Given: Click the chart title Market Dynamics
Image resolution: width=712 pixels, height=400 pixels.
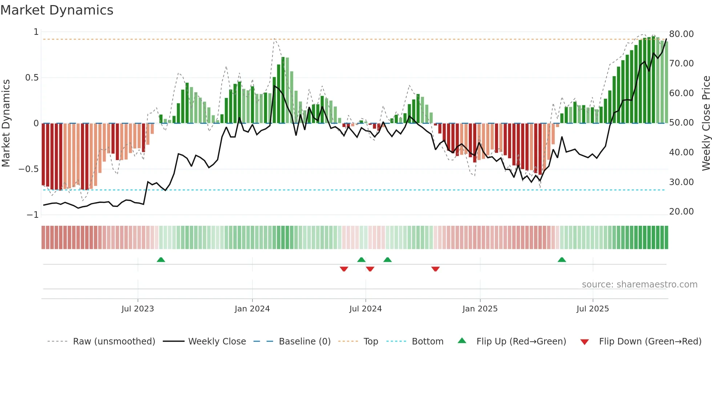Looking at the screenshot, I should point(57,10).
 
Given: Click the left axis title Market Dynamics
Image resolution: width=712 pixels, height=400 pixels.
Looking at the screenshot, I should point(6,123).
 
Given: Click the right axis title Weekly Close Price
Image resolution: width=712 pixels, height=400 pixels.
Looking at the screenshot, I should point(706,123).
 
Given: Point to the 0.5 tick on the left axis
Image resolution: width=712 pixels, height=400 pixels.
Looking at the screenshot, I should point(32,78).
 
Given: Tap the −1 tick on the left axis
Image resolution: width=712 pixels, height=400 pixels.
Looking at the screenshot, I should point(32,215).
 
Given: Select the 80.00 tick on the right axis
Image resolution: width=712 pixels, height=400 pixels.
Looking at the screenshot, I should point(681,34).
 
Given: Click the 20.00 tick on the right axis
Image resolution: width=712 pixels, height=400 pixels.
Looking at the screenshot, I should point(681,212).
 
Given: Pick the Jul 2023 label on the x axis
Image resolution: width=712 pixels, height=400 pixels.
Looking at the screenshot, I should point(138,309).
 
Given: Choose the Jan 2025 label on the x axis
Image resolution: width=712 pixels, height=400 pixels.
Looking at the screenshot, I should point(480,309).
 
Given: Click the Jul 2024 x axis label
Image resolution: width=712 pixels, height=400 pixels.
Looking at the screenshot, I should point(365,309).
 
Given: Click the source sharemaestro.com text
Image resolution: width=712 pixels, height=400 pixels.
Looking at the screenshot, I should point(639,285).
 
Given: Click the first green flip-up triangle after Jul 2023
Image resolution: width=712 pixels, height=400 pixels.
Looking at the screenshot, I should point(161,260).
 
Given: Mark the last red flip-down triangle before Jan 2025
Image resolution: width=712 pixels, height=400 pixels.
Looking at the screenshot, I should point(436,269).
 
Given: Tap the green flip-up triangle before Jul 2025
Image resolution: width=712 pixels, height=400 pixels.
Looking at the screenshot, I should point(562,260).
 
